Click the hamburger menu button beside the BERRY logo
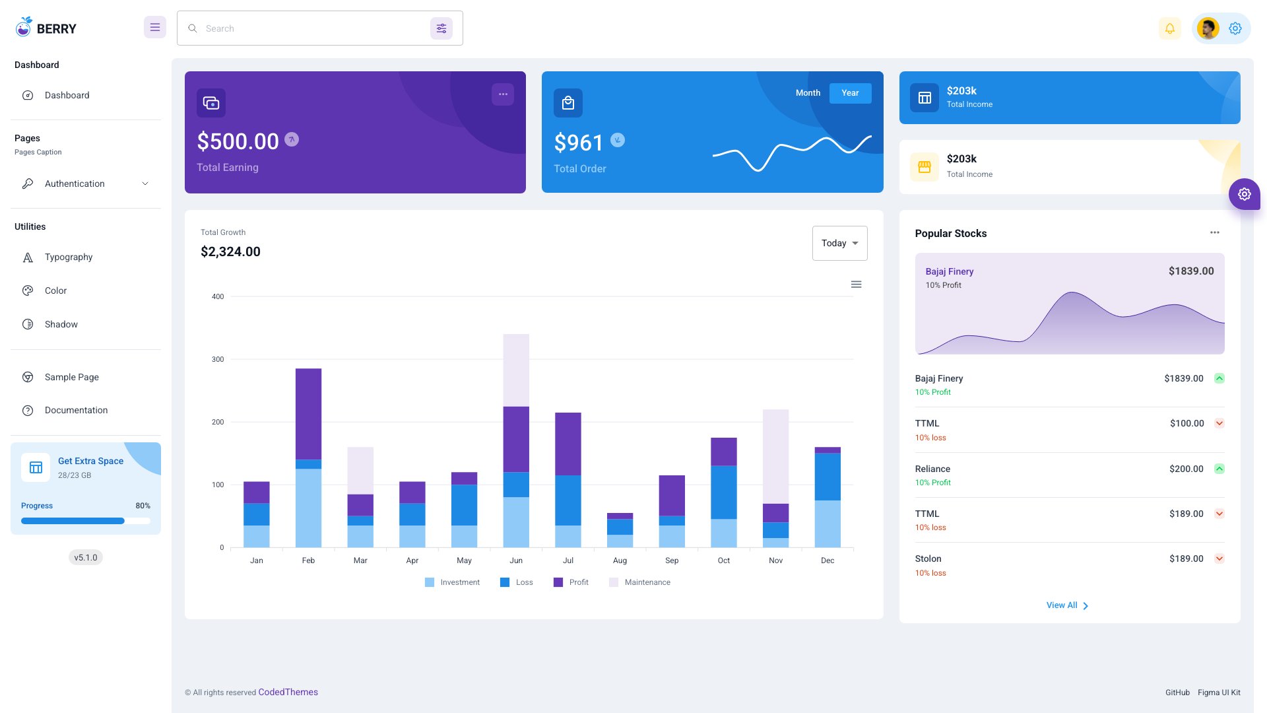[154, 28]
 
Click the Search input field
[310, 28]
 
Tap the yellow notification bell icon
[1169, 28]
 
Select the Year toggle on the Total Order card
[850, 93]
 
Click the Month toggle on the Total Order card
[808, 93]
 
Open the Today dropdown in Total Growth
[839, 243]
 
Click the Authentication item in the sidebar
[75, 184]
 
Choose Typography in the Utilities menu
[69, 257]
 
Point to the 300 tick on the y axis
[218, 359]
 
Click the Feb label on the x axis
[308, 560]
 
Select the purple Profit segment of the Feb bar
[308, 414]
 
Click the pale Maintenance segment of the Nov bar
[775, 456]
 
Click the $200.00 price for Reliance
[1186, 469]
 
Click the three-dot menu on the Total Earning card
[503, 94]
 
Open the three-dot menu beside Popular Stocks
[1214, 232]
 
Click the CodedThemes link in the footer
[288, 692]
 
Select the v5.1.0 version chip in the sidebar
[86, 557]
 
